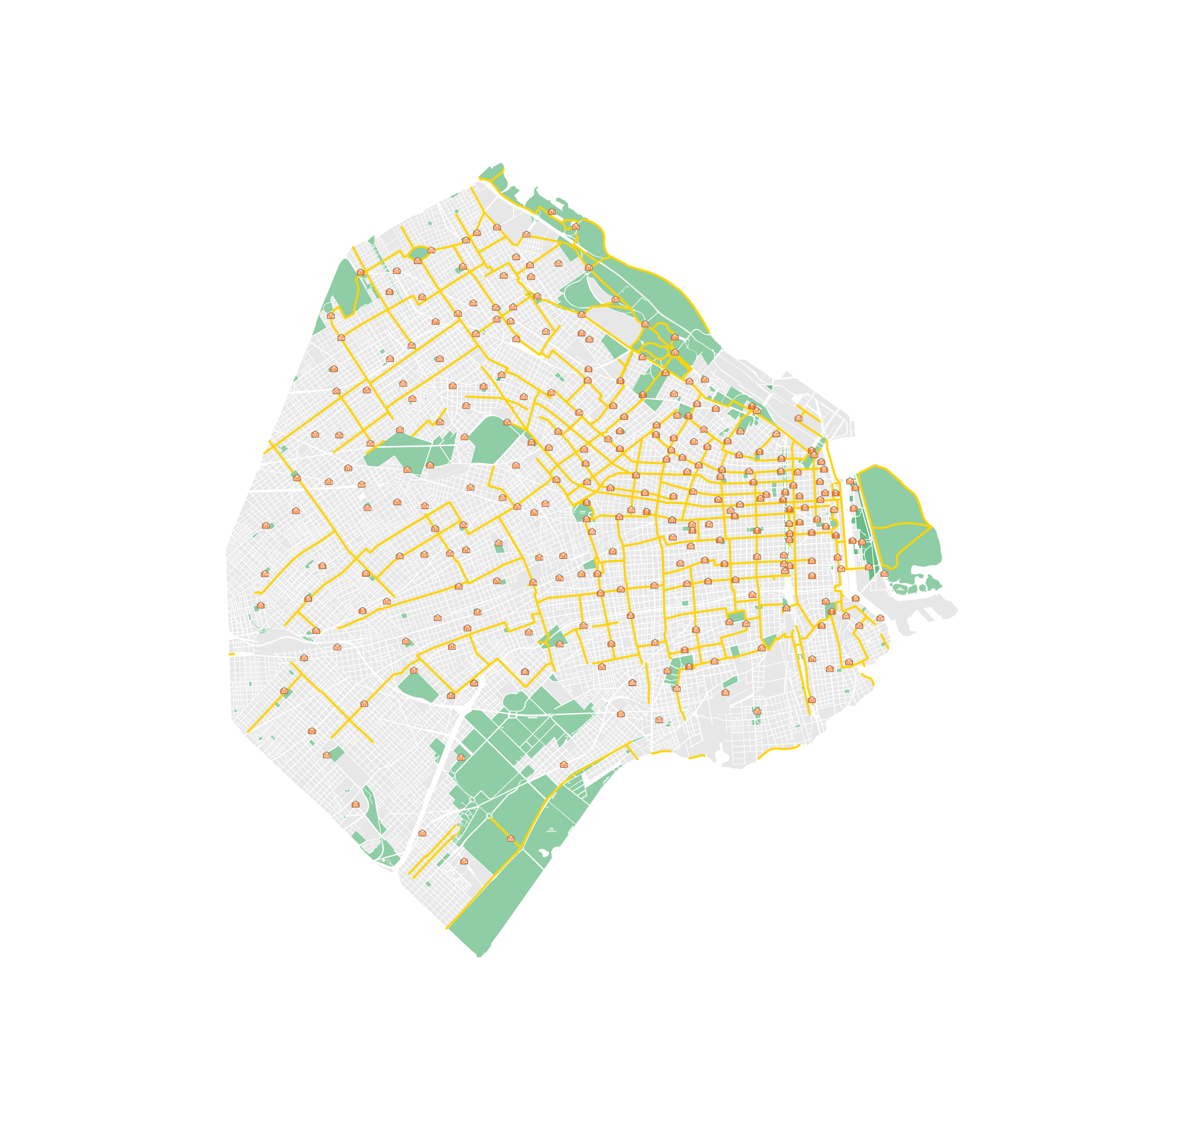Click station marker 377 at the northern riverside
click(x=551, y=212)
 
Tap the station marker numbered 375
click(x=575, y=227)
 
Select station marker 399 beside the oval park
click(x=431, y=250)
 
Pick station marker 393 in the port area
click(x=798, y=418)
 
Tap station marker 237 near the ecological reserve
click(x=850, y=481)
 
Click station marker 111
click(x=853, y=509)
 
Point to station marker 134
click(x=464, y=861)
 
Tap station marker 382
click(x=327, y=756)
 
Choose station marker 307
click(x=757, y=712)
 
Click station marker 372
click(x=563, y=764)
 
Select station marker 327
click(x=266, y=526)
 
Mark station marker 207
click(x=297, y=478)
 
